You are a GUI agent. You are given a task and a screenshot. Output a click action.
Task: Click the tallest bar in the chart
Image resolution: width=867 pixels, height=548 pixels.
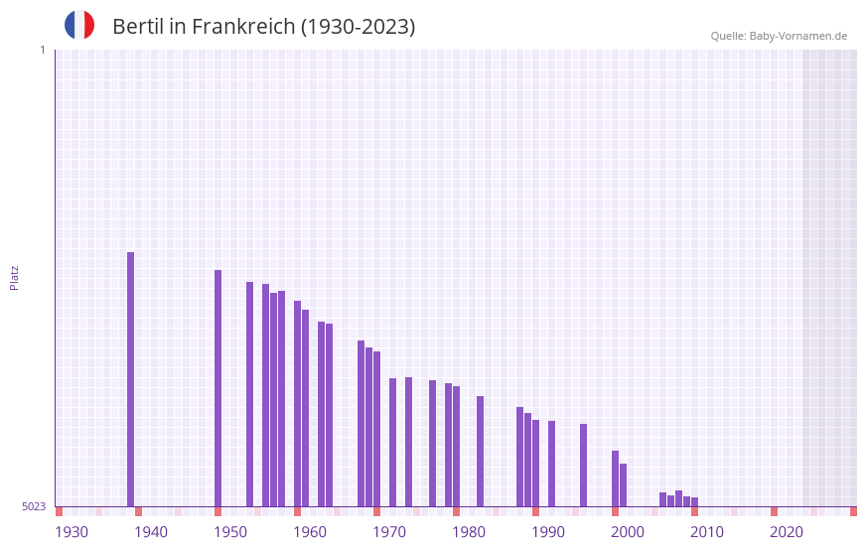click(x=130, y=379)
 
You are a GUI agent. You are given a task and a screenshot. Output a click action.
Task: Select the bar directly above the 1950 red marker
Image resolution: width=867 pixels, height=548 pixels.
click(x=217, y=388)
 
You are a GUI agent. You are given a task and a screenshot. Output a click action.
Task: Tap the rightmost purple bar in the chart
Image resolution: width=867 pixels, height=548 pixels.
click(x=694, y=501)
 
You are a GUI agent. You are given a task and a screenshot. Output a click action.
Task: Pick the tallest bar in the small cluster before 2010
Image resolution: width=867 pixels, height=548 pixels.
click(x=678, y=498)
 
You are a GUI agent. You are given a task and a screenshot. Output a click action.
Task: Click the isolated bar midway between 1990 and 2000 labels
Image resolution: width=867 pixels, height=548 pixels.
click(x=583, y=465)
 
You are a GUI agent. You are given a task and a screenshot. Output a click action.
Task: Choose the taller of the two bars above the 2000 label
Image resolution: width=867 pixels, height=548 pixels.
click(x=615, y=479)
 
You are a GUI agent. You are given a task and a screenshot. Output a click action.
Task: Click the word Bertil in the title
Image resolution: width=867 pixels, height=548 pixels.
click(x=138, y=27)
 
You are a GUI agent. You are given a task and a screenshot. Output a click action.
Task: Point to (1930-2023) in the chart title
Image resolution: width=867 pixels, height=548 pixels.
click(x=359, y=27)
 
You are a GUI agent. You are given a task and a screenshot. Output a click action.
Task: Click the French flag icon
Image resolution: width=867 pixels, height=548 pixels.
click(x=79, y=25)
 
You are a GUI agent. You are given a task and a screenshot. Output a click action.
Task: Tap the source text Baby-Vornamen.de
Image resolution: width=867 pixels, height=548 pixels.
click(x=797, y=36)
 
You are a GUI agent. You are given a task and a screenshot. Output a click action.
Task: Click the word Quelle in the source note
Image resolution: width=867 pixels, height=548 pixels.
click(x=727, y=36)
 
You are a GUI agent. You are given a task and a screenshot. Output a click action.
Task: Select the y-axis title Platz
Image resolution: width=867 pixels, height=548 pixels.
click(x=14, y=277)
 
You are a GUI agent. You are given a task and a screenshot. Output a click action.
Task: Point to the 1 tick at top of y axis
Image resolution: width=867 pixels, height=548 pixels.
click(x=42, y=50)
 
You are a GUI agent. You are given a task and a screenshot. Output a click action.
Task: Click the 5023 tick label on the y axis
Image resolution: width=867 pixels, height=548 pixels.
click(x=34, y=506)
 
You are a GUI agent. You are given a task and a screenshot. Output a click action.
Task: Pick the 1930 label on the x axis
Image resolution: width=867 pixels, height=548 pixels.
click(x=72, y=532)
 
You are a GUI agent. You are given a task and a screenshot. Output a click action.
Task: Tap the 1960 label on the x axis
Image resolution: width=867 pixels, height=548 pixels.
click(x=310, y=532)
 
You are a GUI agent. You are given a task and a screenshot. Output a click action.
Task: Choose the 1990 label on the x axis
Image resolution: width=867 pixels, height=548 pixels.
click(x=548, y=532)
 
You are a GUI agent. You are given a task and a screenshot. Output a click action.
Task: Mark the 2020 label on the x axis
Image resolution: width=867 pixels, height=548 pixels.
click(x=787, y=532)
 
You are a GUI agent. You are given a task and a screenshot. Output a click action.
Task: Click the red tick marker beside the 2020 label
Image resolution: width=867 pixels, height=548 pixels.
click(x=774, y=511)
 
